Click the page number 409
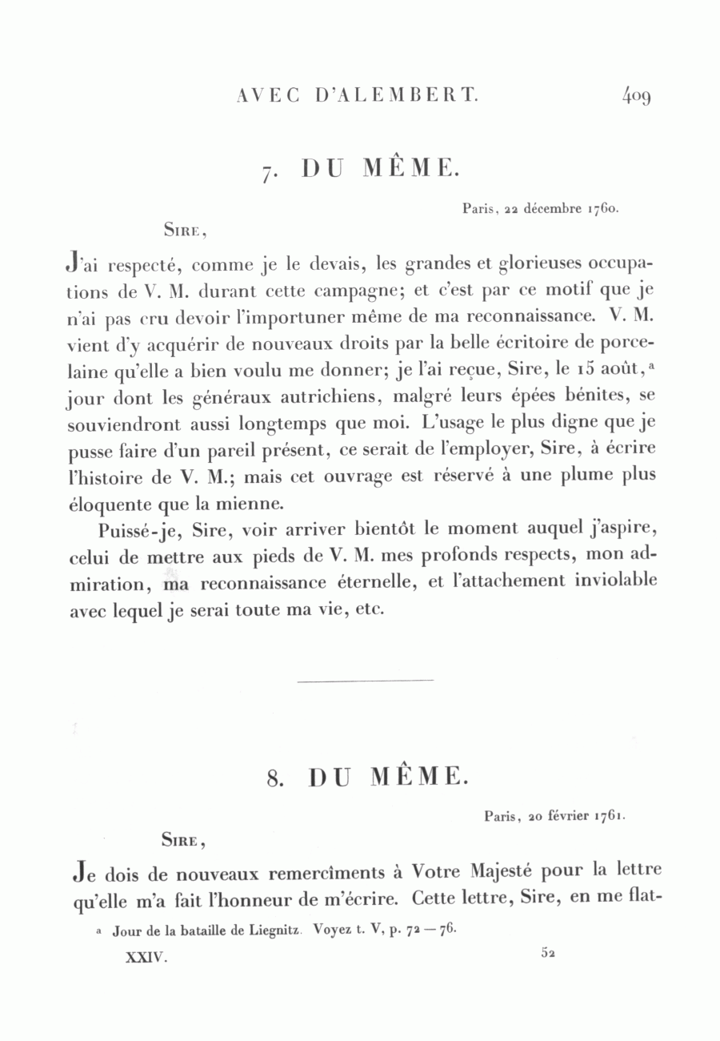[637, 96]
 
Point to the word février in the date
[567, 817]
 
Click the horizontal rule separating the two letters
[365, 681]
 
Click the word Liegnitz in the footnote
[268, 931]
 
